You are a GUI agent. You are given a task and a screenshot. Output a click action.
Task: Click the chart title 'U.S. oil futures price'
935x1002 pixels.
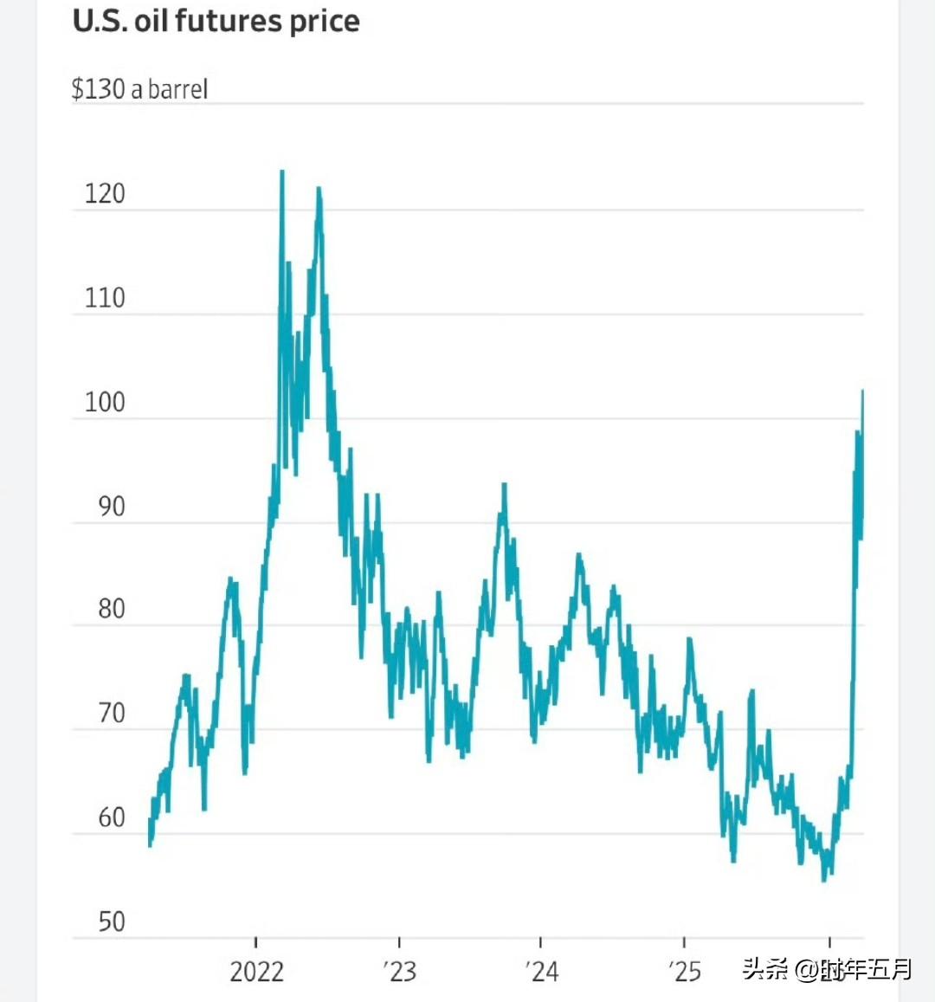click(x=216, y=21)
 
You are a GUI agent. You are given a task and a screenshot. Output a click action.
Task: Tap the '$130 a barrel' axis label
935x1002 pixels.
click(x=139, y=89)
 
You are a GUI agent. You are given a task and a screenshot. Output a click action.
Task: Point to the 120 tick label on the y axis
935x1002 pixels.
click(x=105, y=193)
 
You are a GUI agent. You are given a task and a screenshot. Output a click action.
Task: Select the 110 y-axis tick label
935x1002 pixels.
click(x=105, y=298)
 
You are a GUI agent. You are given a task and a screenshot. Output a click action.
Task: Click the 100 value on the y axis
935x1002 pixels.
click(x=105, y=403)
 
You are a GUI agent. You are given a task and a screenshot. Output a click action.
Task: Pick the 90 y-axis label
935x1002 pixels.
click(x=111, y=507)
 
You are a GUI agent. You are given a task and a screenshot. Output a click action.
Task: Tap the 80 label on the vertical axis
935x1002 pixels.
click(x=111, y=610)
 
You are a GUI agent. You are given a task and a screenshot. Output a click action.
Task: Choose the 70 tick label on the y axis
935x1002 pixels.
click(x=111, y=714)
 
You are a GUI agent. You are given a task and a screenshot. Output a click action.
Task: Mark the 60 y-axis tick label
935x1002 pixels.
click(x=111, y=818)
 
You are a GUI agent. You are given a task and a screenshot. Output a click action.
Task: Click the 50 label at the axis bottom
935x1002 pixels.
click(x=111, y=921)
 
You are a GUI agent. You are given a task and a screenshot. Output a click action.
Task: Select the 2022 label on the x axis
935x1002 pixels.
click(x=256, y=972)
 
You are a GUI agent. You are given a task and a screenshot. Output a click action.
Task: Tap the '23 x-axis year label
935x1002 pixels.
click(x=399, y=972)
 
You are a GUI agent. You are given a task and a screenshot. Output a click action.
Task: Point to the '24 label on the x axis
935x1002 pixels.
click(x=541, y=972)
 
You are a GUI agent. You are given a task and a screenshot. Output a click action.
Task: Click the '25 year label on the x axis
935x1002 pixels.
click(x=684, y=972)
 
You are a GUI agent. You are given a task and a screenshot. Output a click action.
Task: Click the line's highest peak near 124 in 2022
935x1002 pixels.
click(x=281, y=171)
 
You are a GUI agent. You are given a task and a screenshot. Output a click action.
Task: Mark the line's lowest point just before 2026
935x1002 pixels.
click(x=823, y=880)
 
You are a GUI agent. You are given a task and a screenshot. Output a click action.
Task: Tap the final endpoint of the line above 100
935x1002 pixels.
click(x=862, y=391)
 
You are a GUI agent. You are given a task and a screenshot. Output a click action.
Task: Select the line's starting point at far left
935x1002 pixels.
click(x=150, y=845)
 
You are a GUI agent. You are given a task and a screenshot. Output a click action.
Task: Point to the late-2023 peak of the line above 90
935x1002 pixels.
click(x=504, y=485)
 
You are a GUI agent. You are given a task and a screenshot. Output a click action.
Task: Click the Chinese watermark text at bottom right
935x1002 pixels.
click(x=827, y=969)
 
